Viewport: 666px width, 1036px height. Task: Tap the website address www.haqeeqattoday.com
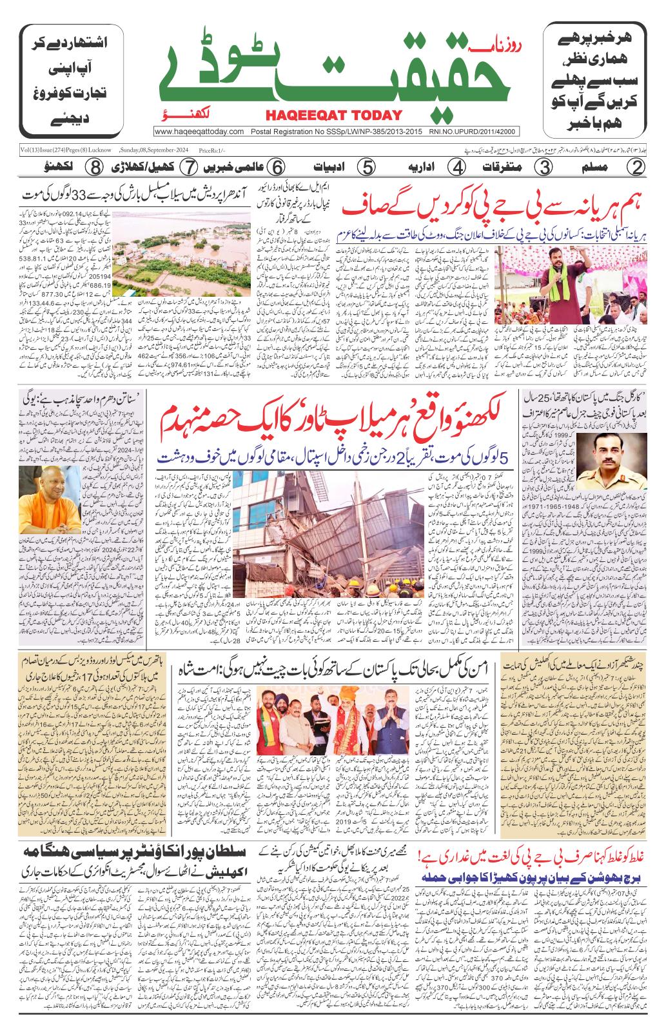(x=199, y=132)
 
